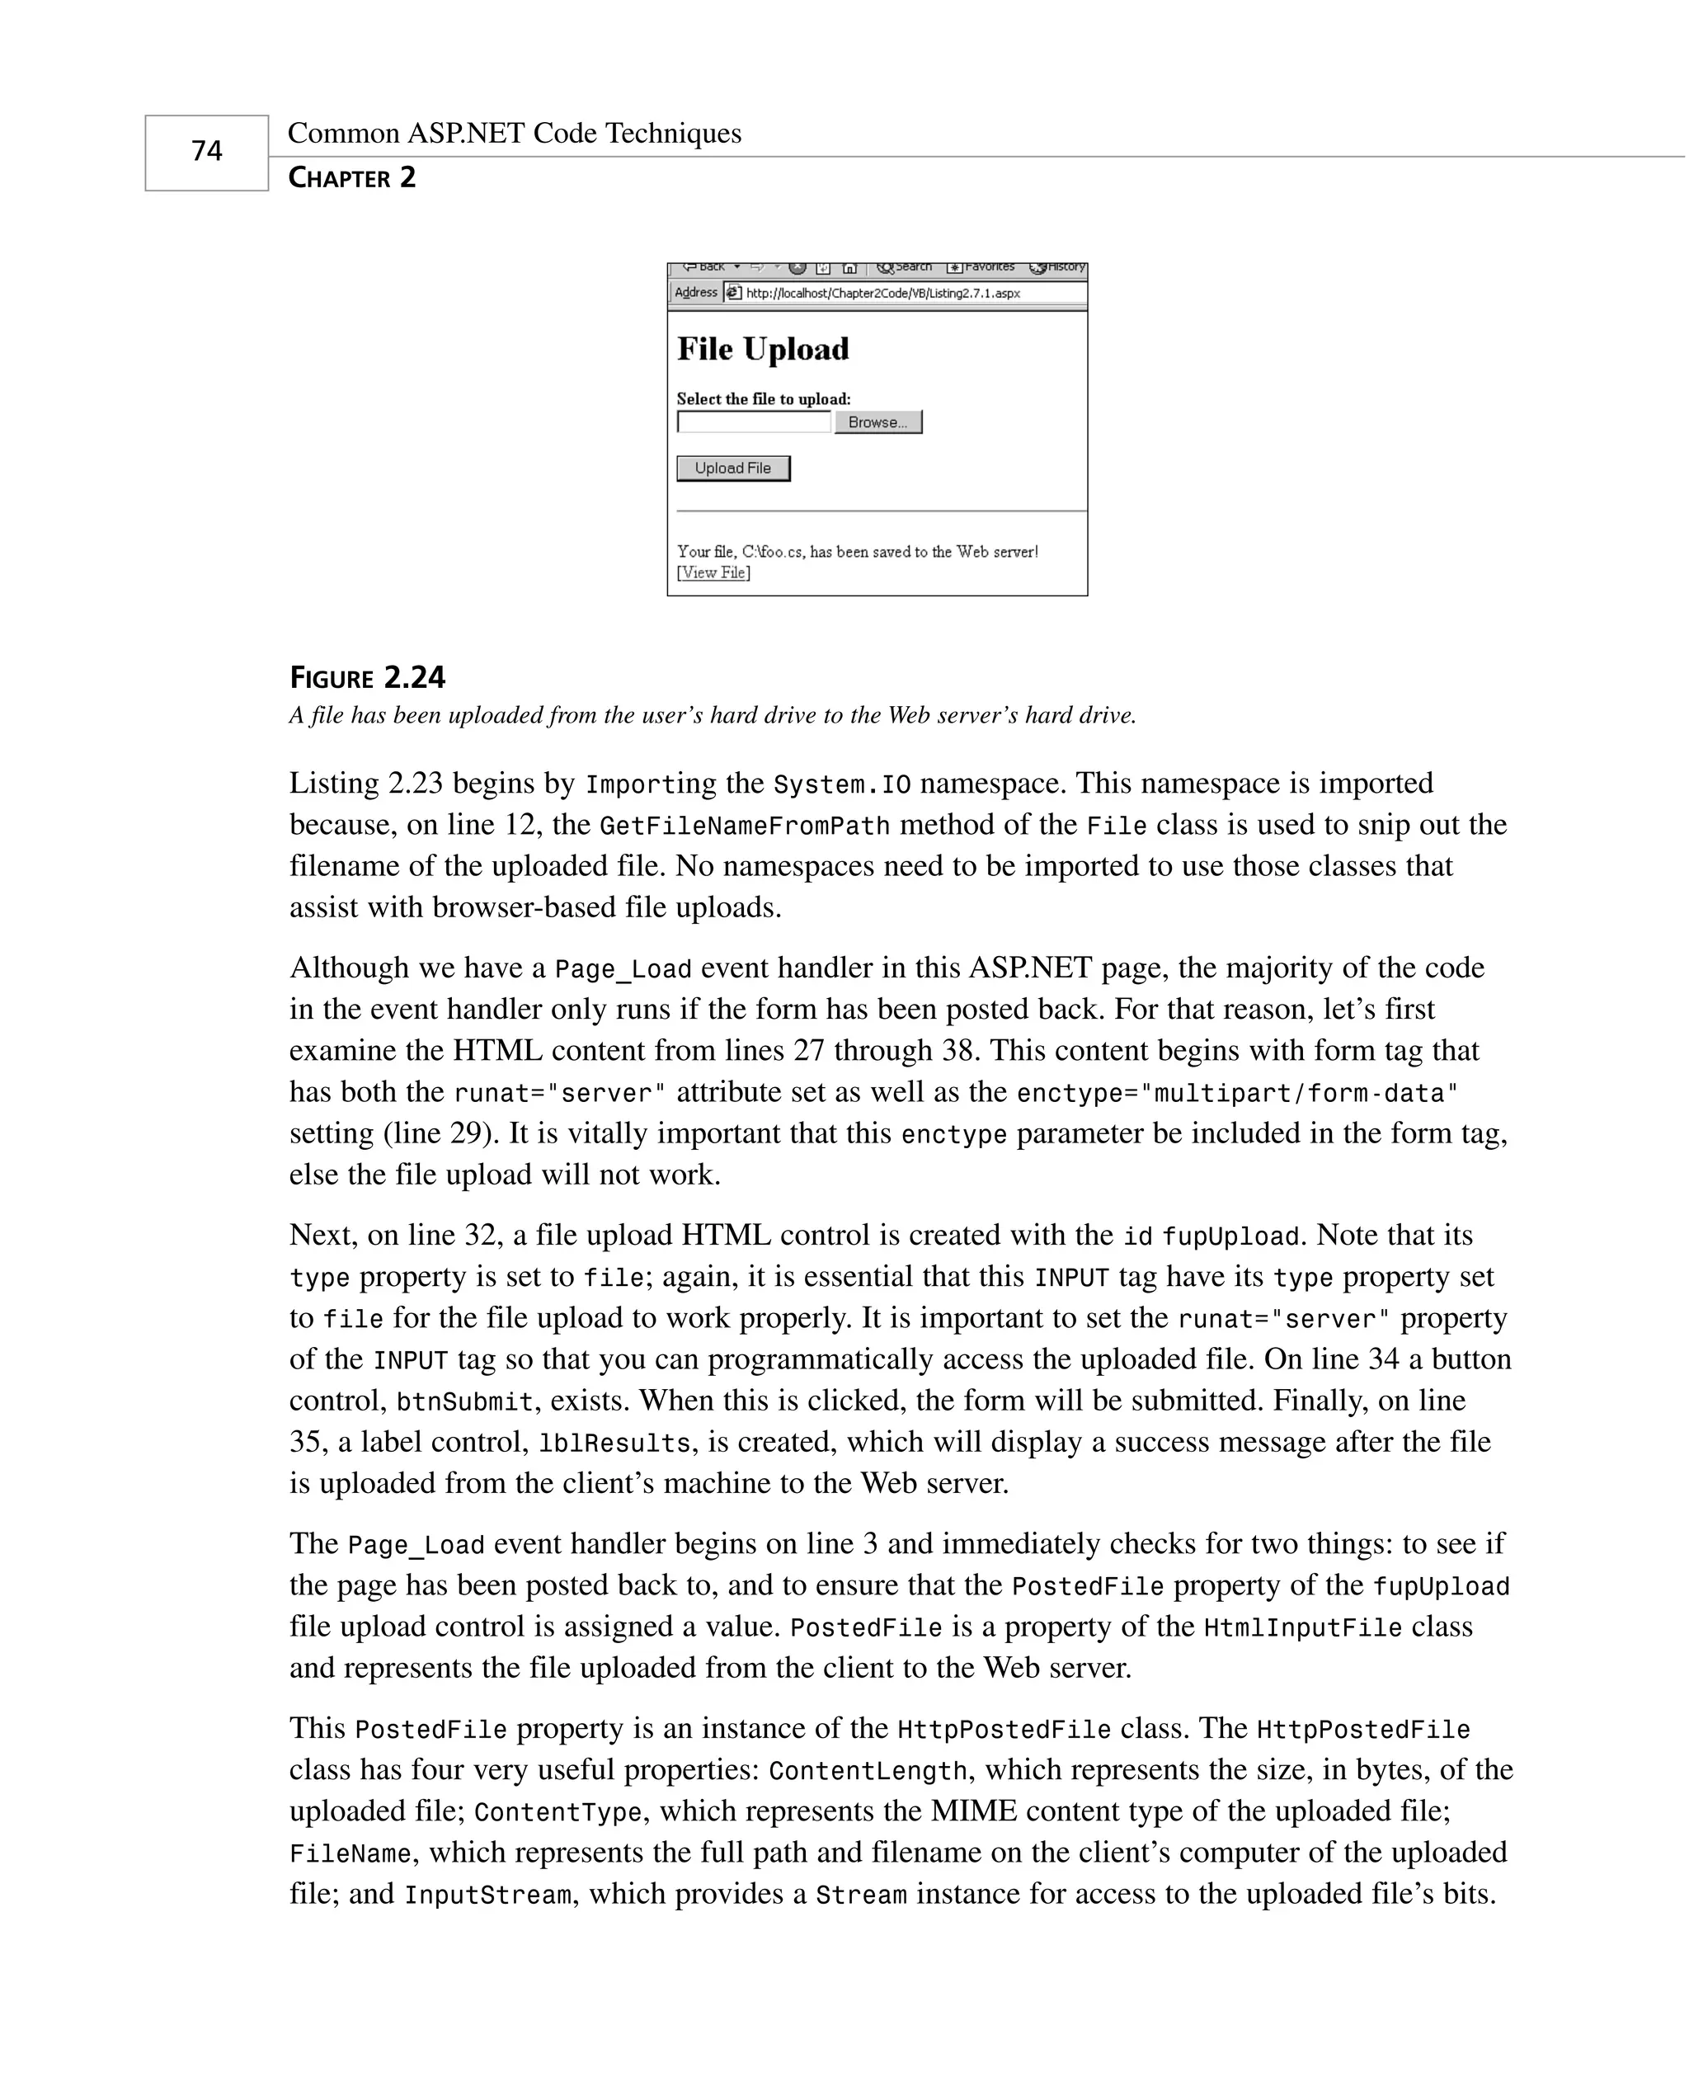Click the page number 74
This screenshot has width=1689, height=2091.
pyautogui.click(x=206, y=151)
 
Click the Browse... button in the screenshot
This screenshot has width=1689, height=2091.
pyautogui.click(x=877, y=422)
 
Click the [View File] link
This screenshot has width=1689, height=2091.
pyautogui.click(x=713, y=573)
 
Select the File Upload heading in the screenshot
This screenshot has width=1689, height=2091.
pyautogui.click(x=763, y=349)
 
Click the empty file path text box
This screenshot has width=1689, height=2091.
pyautogui.click(x=754, y=422)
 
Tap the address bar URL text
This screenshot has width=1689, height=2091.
pyautogui.click(x=882, y=293)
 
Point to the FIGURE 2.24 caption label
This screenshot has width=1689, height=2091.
pyautogui.click(x=367, y=677)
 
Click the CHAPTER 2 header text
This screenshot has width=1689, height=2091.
pyautogui.click(x=351, y=178)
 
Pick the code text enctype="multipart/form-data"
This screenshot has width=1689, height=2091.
pyautogui.click(x=1236, y=1094)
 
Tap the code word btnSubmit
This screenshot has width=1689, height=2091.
pyautogui.click(x=465, y=1402)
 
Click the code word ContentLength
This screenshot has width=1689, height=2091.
pyautogui.click(x=868, y=1771)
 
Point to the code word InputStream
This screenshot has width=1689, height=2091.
pyautogui.click(x=487, y=1896)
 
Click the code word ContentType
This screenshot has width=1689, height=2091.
pyautogui.click(x=558, y=1813)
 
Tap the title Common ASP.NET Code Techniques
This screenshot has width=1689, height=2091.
pyautogui.click(x=514, y=134)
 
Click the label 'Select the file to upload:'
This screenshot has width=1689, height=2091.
pyautogui.click(x=763, y=399)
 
